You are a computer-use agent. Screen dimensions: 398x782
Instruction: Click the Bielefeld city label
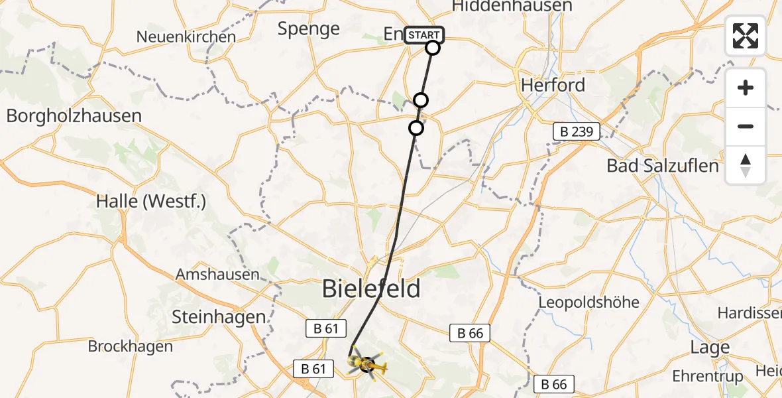tap(371, 289)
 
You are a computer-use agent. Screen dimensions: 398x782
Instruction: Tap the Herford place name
tap(553, 85)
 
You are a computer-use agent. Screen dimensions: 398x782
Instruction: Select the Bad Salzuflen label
tap(663, 166)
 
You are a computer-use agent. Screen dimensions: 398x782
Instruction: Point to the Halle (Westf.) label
tap(151, 201)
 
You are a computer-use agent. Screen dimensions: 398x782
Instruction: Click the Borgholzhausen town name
tap(74, 116)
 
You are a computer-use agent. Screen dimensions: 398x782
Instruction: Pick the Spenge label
tap(309, 29)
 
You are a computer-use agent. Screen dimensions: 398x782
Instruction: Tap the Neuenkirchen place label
tap(186, 36)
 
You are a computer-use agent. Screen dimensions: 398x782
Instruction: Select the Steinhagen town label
tap(219, 317)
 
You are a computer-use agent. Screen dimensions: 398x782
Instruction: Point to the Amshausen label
tap(217, 274)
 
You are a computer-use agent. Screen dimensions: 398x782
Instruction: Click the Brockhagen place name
tap(131, 346)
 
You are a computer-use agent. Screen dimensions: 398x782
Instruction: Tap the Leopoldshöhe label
tap(588, 302)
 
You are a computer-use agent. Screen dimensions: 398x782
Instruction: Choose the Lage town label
tap(710, 347)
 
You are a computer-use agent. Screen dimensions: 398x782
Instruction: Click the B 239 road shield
tap(577, 132)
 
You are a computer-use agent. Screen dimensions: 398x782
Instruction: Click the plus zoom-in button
tap(746, 88)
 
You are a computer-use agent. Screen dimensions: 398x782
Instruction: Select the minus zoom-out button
tap(746, 126)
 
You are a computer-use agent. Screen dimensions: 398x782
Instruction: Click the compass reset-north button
tap(746, 165)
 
